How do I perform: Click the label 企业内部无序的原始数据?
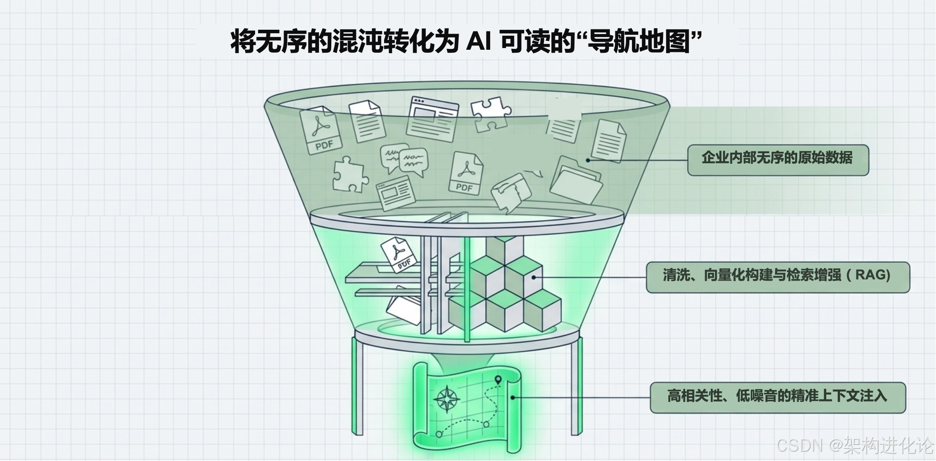pyautogui.click(x=778, y=159)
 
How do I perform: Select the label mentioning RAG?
pyautogui.click(x=778, y=276)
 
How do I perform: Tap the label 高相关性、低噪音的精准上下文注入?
pyautogui.click(x=778, y=397)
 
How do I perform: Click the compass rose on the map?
pyautogui.click(x=446, y=399)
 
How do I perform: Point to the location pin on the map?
pyautogui.click(x=498, y=380)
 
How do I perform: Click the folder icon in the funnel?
pyautogui.click(x=576, y=180)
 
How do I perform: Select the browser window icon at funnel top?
pyautogui.click(x=433, y=119)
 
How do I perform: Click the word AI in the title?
pyautogui.click(x=479, y=42)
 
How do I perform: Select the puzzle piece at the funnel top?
pyautogui.click(x=491, y=113)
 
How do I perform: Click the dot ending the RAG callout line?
pyautogui.click(x=534, y=277)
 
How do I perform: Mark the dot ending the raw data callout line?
pyautogui.click(x=588, y=160)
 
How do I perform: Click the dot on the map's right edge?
pyautogui.click(x=513, y=398)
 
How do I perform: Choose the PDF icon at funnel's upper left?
pyautogui.click(x=321, y=130)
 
